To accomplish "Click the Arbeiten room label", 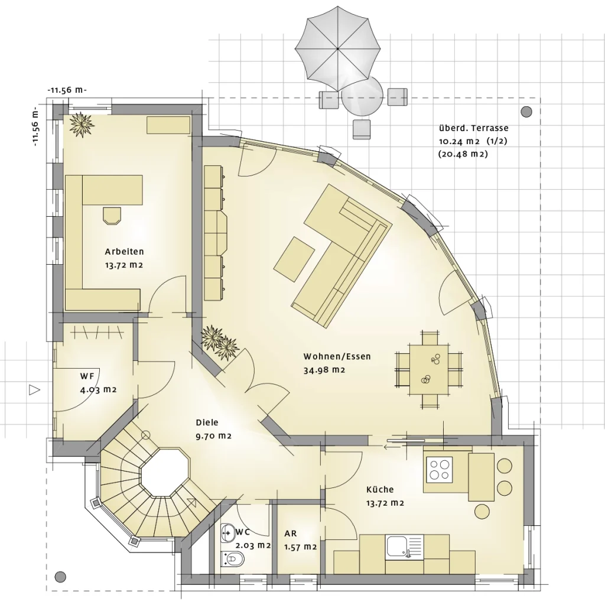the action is tap(124, 252).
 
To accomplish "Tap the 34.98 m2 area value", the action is tap(324, 370).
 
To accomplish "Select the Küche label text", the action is tap(380, 490).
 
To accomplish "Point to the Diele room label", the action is tap(207, 422).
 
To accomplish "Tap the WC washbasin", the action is tap(227, 533).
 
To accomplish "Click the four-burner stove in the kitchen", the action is tap(440, 469).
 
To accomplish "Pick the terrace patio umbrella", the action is tap(337, 49).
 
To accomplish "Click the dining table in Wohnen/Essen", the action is tap(429, 369).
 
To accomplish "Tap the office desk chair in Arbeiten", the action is tap(112, 215).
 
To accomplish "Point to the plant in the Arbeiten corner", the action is tap(82, 125).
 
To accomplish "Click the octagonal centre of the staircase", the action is tap(165, 472).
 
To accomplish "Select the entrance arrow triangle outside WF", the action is tap(35, 390).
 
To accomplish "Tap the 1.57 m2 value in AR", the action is tap(301, 547).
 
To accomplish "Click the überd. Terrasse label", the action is tap(473, 128).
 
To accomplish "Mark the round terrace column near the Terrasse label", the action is tap(526, 112).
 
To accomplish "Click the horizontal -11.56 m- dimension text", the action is tap(67, 90).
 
